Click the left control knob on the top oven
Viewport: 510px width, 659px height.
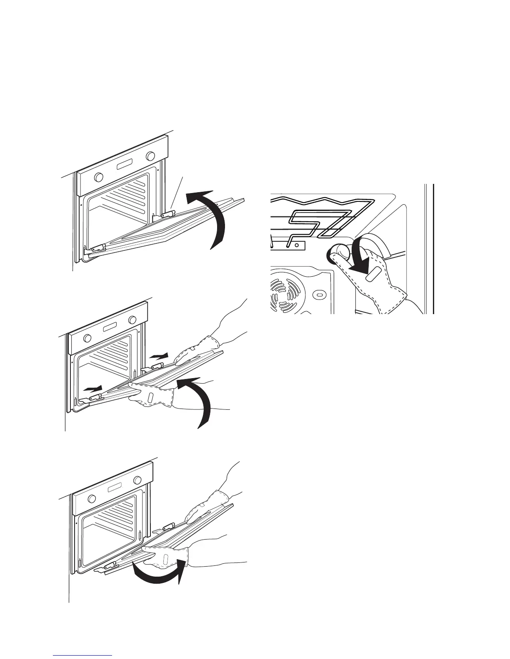(99, 177)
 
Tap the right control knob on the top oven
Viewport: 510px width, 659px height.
(149, 157)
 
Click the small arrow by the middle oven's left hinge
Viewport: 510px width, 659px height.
(92, 389)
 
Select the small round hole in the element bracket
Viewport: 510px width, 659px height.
(296, 245)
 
